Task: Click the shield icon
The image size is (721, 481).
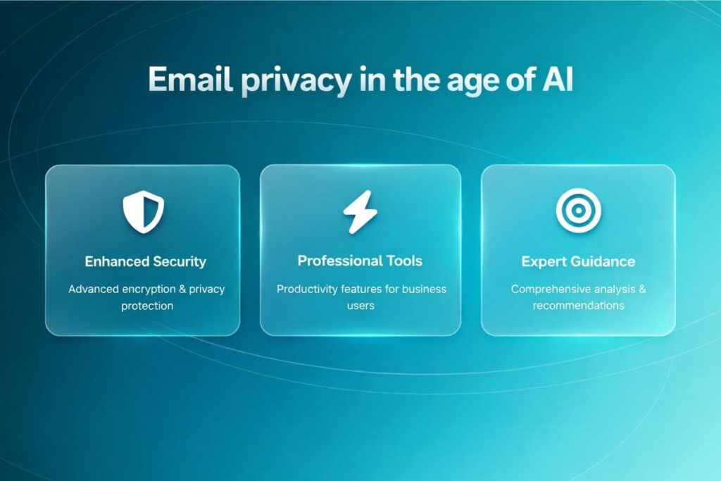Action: point(143,211)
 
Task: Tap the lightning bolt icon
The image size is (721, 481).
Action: point(360,211)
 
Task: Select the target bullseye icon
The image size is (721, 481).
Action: point(578,211)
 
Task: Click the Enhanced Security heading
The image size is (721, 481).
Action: point(145,262)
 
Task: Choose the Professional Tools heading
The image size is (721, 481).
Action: point(360,261)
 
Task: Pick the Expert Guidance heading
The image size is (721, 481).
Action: point(578,262)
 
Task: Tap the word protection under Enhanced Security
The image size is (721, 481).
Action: point(143,306)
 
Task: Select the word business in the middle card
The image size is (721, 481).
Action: point(424,289)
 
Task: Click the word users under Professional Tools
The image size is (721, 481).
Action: point(360,306)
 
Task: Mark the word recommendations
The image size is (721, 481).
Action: point(578,306)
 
